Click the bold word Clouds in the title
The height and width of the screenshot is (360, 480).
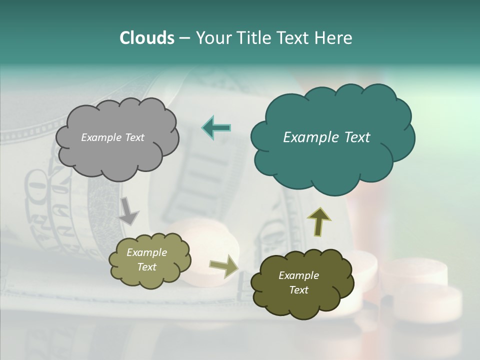click(146, 37)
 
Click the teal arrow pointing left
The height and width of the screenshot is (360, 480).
click(216, 127)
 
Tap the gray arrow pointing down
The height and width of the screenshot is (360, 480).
click(128, 210)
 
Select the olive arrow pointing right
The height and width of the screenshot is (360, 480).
click(223, 266)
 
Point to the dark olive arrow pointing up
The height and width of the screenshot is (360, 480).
click(318, 221)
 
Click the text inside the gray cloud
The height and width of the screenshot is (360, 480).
click(112, 137)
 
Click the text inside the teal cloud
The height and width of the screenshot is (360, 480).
click(326, 137)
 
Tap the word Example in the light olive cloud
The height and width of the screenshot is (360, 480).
click(146, 252)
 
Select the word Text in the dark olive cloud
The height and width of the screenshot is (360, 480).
click(298, 290)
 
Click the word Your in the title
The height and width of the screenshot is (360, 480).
click(211, 37)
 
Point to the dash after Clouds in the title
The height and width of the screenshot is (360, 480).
click(184, 38)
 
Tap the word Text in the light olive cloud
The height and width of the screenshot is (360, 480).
click(146, 267)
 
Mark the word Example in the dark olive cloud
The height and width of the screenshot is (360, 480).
click(298, 275)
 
